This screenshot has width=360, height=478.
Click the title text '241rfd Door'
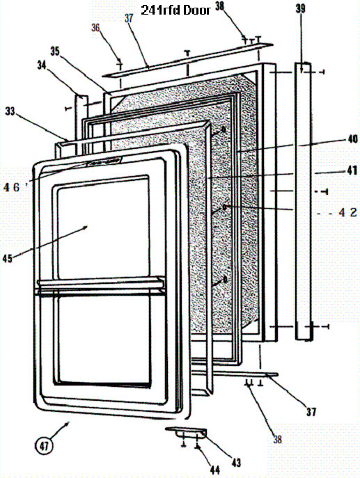point(175,10)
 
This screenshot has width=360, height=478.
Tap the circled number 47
point(45,446)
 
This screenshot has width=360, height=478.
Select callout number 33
point(10,111)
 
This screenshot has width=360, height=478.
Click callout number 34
point(42,65)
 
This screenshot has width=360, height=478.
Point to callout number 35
point(55,51)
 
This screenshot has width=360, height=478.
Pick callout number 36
point(95,28)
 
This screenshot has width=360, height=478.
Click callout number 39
point(301,8)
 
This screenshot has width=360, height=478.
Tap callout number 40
point(352,139)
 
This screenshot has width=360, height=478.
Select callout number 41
point(352,170)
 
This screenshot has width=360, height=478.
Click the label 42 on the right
point(347,212)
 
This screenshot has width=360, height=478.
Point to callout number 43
point(236,463)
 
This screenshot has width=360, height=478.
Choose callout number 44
point(215,470)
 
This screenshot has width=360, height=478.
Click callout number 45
point(8,259)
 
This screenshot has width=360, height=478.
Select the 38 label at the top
point(219,6)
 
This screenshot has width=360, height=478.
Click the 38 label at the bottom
point(277,439)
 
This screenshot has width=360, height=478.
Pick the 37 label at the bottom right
point(311,412)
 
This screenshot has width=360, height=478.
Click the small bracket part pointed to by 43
point(187,432)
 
